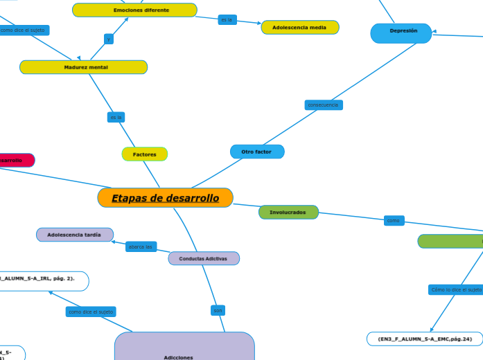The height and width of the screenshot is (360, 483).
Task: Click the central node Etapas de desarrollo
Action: click(165, 198)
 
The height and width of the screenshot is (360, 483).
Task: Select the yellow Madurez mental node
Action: click(84, 67)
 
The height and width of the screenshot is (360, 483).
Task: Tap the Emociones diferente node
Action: click(134, 10)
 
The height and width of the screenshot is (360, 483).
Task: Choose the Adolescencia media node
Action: click(299, 27)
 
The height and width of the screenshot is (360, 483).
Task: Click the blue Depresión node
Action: click(401, 31)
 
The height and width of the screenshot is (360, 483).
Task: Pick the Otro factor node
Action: click(256, 152)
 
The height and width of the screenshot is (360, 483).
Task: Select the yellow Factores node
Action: click(144, 154)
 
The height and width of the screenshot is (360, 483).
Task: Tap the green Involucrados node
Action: click(288, 212)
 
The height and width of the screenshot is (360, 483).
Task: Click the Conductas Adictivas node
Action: click(204, 258)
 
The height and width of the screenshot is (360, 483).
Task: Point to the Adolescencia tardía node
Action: click(74, 235)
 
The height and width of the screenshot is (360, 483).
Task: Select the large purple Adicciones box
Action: click(184, 346)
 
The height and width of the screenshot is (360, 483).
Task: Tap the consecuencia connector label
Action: click(323, 105)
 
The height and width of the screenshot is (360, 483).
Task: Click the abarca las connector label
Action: click(141, 246)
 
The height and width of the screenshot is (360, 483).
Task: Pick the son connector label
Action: click(218, 311)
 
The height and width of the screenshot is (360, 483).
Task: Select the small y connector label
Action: click(109, 39)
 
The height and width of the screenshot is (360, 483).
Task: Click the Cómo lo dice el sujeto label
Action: click(455, 290)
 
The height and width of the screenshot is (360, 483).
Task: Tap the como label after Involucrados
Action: click(394, 221)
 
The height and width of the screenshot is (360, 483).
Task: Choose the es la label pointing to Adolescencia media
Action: click(227, 20)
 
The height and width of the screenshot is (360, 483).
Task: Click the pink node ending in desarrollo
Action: click(14, 161)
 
